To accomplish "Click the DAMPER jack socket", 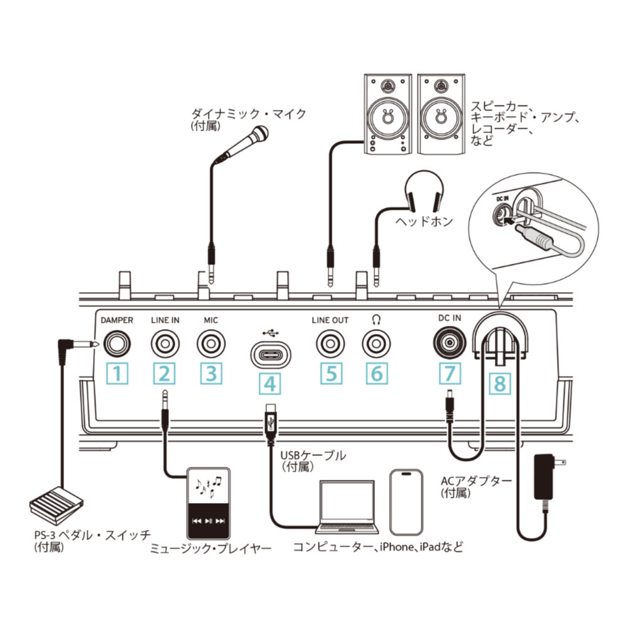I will pyautogui.click(x=117, y=344).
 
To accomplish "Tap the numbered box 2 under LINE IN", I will pyautogui.click(x=164, y=374).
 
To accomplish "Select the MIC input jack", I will pyautogui.click(x=212, y=344).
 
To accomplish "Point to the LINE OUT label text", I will pyautogui.click(x=330, y=320).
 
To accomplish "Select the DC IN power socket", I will pyautogui.click(x=450, y=344).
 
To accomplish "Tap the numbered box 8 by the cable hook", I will pyautogui.click(x=500, y=383).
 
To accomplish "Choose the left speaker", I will pyautogui.click(x=387, y=114).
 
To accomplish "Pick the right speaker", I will pyautogui.click(x=441, y=114).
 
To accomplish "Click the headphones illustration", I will pyautogui.click(x=424, y=192).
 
